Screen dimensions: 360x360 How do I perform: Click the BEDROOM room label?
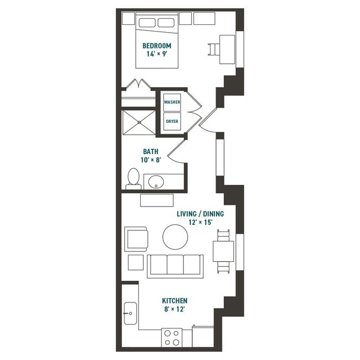[157, 45]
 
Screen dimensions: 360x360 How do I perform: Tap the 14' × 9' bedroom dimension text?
[157, 54]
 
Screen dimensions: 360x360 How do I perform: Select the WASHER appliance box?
[172, 102]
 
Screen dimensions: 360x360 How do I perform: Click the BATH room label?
[151, 151]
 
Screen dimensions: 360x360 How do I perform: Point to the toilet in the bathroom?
[133, 179]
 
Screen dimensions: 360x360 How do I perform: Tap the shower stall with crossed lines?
[138, 122]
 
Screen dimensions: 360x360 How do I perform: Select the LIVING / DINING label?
[195, 214]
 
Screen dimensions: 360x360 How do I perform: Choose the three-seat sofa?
[175, 265]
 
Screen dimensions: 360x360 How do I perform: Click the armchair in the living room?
[136, 239]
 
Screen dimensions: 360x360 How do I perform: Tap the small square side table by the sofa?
[136, 262]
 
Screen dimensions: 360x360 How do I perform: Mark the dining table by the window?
[224, 251]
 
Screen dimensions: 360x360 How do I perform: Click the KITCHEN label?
[174, 301]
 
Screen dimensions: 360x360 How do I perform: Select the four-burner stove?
[172, 337]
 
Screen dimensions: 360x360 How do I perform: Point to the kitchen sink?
[130, 313]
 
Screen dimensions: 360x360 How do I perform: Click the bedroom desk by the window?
[227, 45]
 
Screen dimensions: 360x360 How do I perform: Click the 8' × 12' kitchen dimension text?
[174, 310]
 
